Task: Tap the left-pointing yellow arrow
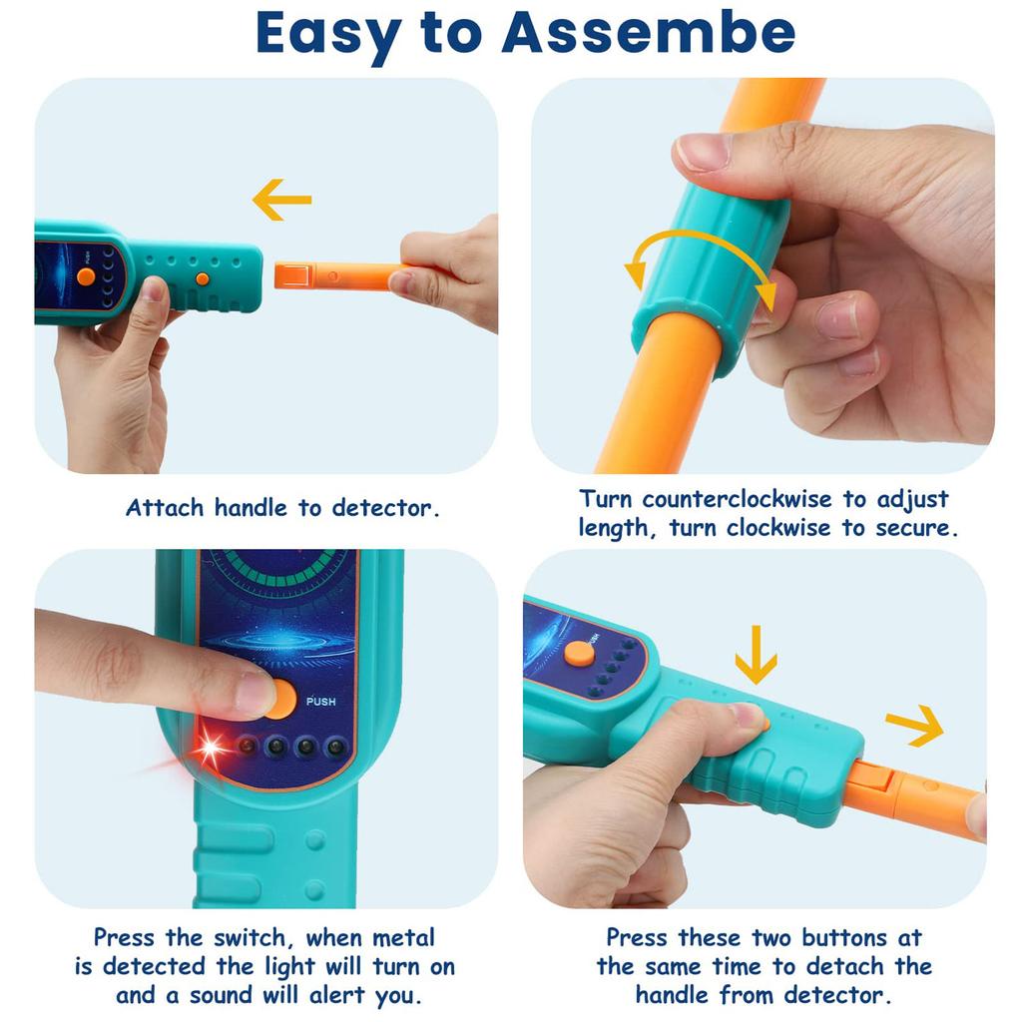[x=281, y=200]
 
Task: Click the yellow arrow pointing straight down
[x=757, y=655]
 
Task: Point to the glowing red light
[x=212, y=747]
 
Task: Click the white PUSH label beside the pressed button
[x=321, y=702]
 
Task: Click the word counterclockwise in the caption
[x=738, y=499]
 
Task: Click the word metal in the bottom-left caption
[x=403, y=938]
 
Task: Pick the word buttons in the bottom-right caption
[x=844, y=938]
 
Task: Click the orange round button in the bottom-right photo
[x=579, y=654]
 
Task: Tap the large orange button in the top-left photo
[x=86, y=276]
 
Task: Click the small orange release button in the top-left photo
[x=203, y=279]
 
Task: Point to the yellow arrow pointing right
[x=914, y=725]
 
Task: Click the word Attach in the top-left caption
[x=165, y=508]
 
